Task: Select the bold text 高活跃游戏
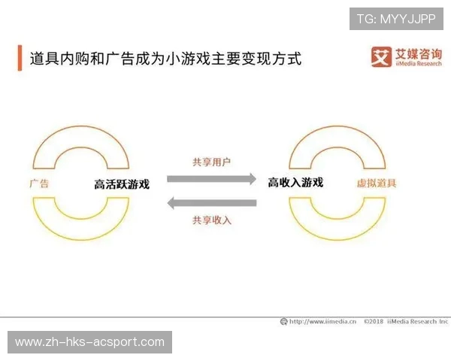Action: coord(122,184)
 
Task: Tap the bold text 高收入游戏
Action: coord(295,182)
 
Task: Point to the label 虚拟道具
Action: coord(377,183)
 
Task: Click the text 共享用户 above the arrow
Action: coord(211,162)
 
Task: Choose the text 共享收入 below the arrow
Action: coord(211,220)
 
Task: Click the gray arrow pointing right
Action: coord(211,179)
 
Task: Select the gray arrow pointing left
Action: coord(211,202)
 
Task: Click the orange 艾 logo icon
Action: coord(381,57)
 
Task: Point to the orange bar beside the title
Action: coord(20,58)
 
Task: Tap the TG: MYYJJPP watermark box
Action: coord(396,19)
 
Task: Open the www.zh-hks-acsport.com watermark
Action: coord(89,342)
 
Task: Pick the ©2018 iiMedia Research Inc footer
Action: coord(405,321)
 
